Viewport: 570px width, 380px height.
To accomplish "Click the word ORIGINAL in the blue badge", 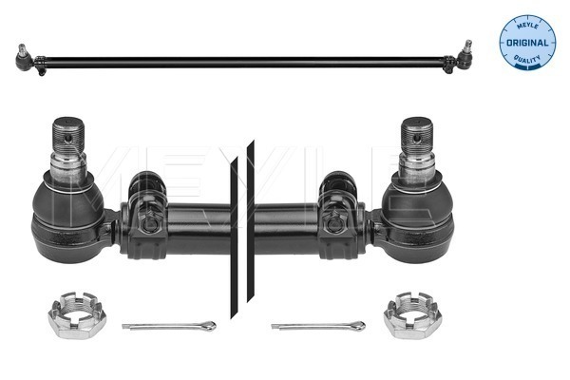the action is (x=527, y=43).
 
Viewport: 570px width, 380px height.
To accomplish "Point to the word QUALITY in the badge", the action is (x=527, y=59).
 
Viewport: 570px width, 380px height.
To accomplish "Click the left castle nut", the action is (x=77, y=314).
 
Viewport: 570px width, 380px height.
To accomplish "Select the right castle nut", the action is (x=412, y=314).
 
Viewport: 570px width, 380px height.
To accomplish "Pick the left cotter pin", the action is (x=169, y=326).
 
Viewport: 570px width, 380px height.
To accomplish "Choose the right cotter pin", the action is (x=318, y=326).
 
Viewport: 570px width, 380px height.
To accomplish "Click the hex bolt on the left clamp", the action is (x=148, y=223).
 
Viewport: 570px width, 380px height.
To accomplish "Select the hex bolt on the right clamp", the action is (x=334, y=223).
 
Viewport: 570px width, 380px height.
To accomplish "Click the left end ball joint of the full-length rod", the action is (x=26, y=58).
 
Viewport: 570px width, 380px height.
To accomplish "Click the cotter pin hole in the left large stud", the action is (x=67, y=138).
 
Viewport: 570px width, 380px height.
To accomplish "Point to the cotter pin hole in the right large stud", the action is (x=418, y=138).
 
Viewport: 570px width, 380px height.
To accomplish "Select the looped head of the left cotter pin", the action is (x=209, y=326).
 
